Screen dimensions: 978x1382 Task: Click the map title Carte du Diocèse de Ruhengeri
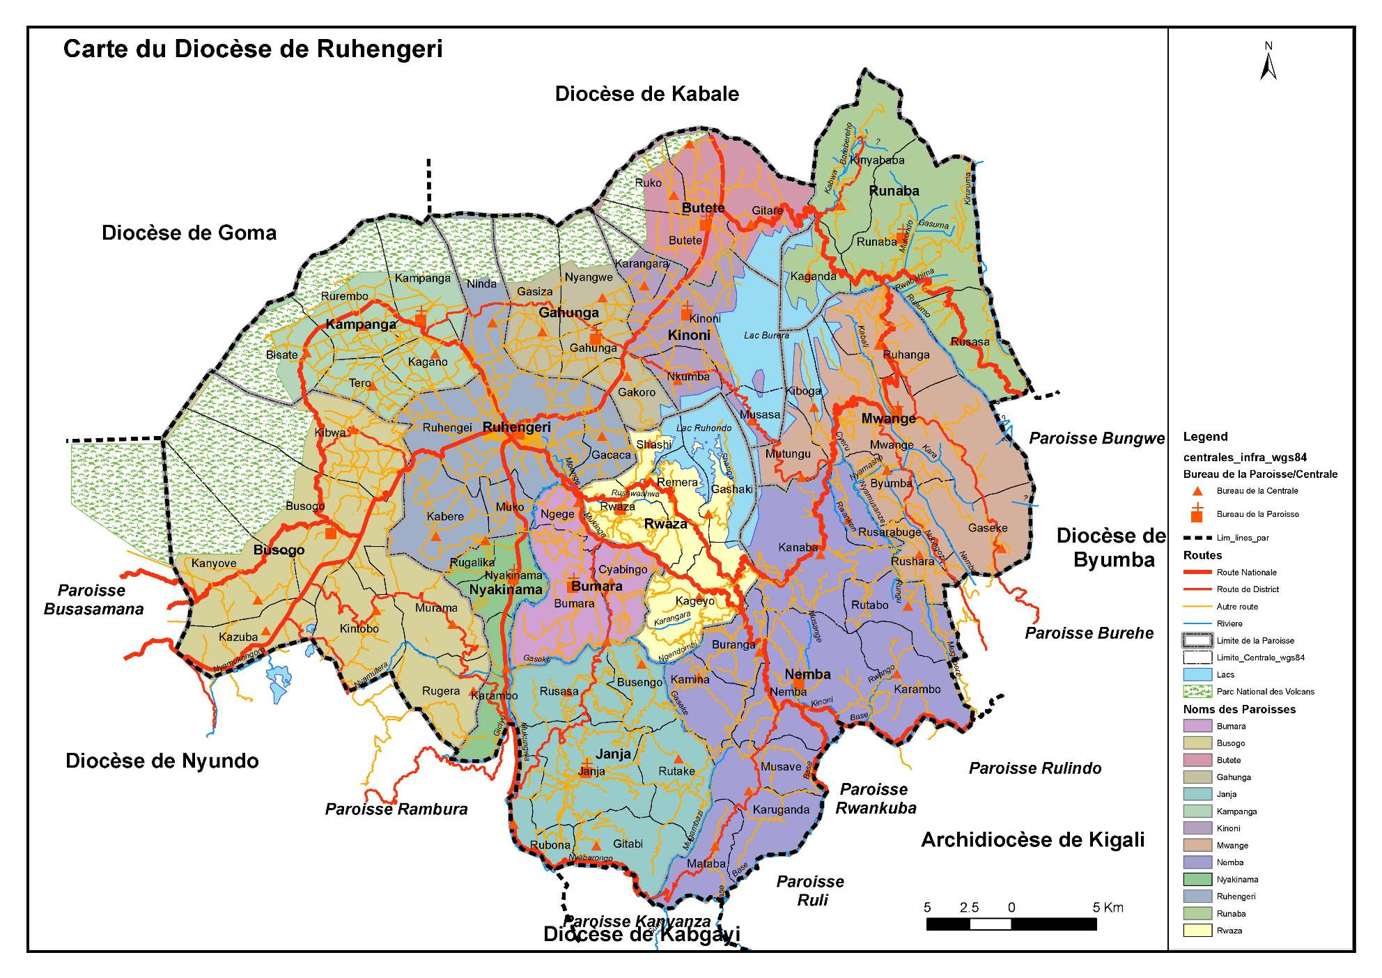253,49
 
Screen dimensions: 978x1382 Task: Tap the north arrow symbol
1268,63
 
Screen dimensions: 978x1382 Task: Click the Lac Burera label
766,335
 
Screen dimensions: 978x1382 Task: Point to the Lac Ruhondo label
704,428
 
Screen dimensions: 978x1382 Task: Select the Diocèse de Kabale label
646,94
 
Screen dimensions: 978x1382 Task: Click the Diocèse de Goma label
189,233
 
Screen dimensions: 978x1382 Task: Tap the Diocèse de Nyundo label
162,761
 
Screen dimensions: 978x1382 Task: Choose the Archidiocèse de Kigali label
1032,840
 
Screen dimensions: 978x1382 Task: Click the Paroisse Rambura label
396,809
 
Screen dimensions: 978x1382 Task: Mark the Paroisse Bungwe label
1096,438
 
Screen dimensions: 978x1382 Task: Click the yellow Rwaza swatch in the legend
1197,930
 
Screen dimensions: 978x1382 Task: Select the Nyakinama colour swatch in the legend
1197,879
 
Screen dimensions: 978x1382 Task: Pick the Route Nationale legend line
1197,573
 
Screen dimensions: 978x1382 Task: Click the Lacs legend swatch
1197,674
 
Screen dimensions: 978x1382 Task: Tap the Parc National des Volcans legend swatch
1197,692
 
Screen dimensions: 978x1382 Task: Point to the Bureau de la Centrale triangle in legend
1197,491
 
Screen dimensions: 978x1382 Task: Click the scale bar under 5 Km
1053,924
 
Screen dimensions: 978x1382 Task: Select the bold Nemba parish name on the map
807,674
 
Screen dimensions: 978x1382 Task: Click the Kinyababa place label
877,160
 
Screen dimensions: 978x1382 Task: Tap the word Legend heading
1205,437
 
